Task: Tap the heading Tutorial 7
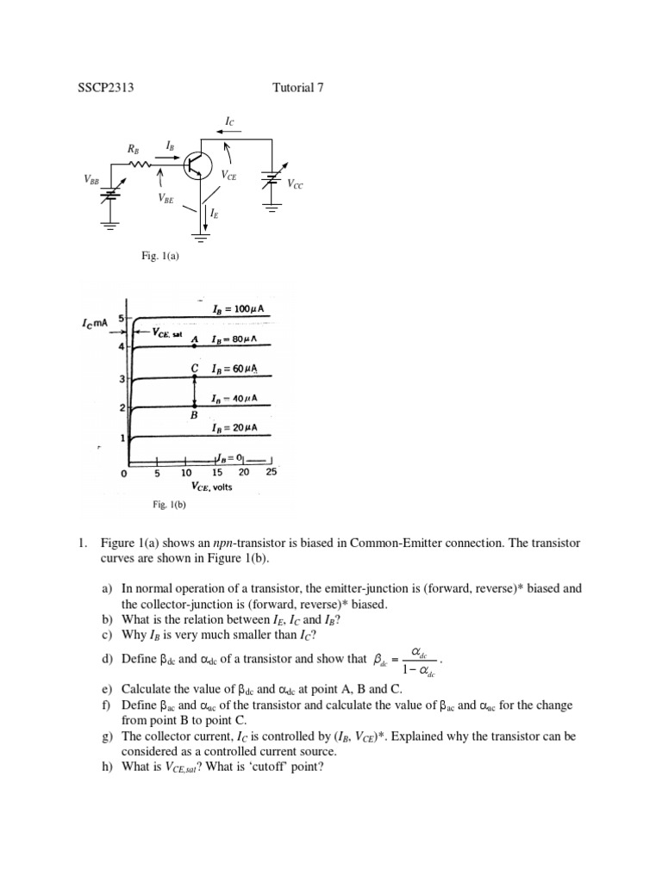297,86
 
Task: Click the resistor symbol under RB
141,164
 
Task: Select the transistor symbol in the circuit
200,164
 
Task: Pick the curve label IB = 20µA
234,428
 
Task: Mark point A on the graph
195,345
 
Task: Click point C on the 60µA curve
195,376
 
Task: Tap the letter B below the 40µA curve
195,415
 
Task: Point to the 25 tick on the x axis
272,473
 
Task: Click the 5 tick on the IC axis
122,317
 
